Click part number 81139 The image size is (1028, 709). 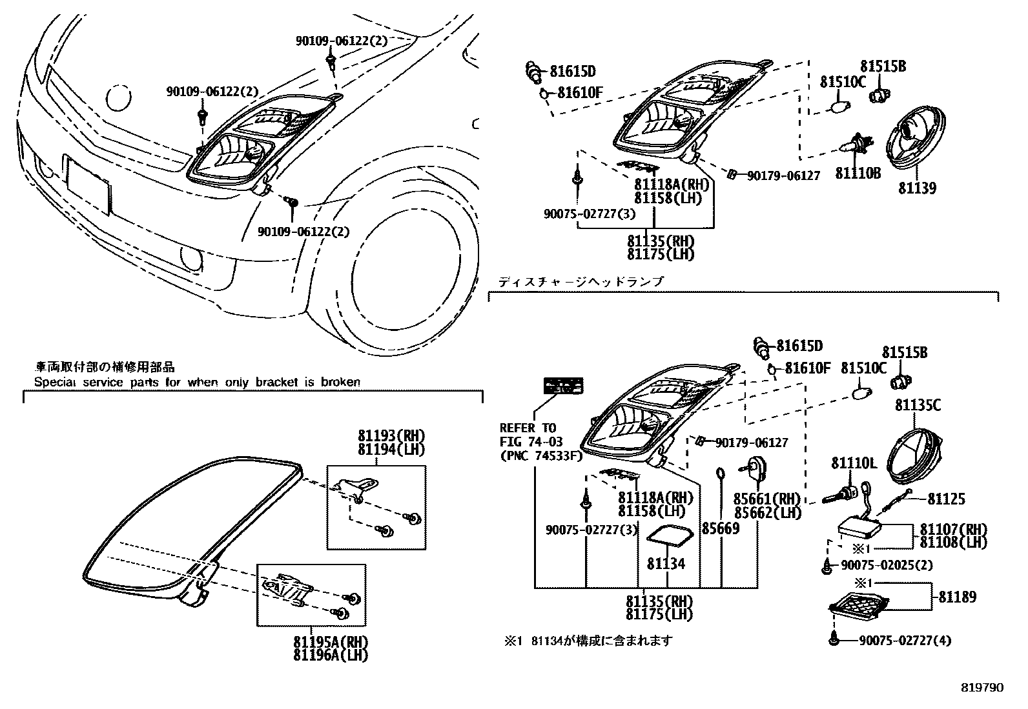[917, 188]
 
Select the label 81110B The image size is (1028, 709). [858, 173]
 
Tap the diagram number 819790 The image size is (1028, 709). [982, 688]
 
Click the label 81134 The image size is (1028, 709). [666, 564]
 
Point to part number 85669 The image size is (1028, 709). [720, 528]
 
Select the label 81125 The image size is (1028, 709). [946, 499]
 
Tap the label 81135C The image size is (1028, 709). [917, 405]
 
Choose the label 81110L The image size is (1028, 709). [853, 463]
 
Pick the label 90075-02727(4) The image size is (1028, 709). [905, 641]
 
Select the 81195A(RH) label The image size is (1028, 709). [330, 643]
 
